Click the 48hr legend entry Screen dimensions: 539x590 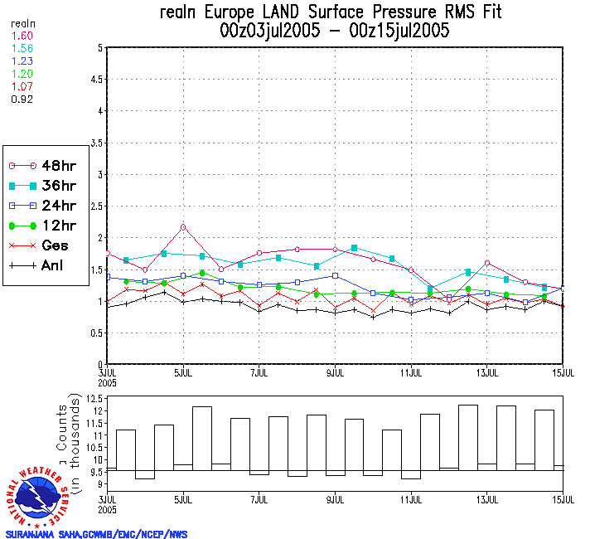coord(37,164)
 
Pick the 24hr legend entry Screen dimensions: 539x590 coord(37,205)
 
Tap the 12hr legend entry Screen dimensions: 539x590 coord(37,226)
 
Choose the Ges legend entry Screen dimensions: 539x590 coord(37,245)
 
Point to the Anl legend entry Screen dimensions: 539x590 coord(37,266)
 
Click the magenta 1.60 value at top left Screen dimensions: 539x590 coord(22,36)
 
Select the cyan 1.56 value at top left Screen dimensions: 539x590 coord(22,49)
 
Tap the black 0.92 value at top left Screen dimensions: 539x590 coord(22,99)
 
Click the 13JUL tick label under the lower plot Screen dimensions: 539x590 coord(487,501)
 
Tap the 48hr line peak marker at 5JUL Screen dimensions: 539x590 coord(183,226)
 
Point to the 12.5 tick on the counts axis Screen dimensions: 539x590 coord(94,399)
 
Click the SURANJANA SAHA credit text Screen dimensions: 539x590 coord(96,533)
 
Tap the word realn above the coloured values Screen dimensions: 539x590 coord(22,24)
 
